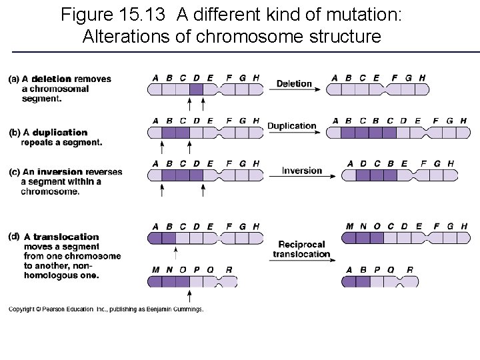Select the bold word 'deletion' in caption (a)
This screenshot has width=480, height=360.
51,79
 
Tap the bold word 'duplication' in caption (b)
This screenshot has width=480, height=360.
59,133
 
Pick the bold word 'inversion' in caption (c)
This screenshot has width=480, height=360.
60,172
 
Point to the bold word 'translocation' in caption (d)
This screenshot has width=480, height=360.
65,237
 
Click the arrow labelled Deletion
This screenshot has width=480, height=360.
294,90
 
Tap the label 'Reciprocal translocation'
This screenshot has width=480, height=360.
302,249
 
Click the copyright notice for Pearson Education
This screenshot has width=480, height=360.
105,309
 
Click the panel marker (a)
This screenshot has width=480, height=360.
14,79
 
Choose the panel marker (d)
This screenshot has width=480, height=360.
13,235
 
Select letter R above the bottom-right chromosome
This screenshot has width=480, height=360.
409,270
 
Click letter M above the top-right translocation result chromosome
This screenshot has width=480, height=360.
349,227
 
